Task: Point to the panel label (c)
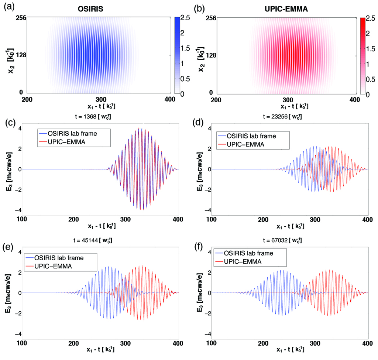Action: click(x=8, y=124)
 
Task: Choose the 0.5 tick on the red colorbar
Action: click(x=367, y=79)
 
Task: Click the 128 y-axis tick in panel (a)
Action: click(x=19, y=55)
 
